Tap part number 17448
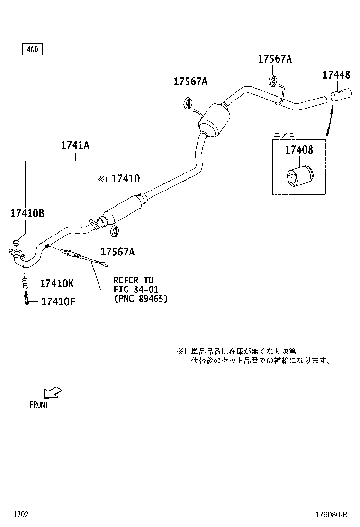336,74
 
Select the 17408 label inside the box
299,150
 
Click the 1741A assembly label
75,145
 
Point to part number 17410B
27,213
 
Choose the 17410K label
57,283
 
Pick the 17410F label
58,301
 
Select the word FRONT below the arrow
39,405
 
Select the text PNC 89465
141,299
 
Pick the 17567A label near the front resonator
117,251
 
